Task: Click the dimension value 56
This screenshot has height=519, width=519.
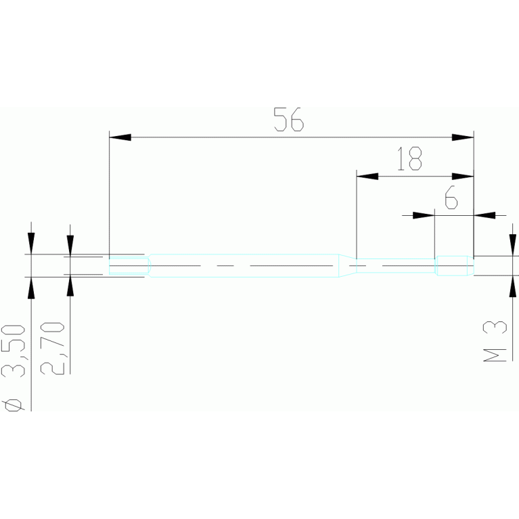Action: coord(289,119)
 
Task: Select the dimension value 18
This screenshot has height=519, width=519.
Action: coord(409,158)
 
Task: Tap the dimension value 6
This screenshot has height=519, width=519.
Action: coord(451,198)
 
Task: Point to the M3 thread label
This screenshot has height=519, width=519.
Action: coord(495,341)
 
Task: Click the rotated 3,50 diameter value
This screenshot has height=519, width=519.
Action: coord(14,351)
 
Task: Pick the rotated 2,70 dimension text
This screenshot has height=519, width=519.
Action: coord(52,348)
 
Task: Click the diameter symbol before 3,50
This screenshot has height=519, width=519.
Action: coord(14,405)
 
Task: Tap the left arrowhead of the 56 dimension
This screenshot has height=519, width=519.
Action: coord(120,137)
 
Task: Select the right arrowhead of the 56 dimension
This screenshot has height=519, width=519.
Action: coord(463,137)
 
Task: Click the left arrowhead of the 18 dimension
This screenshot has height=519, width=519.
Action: coord(367,176)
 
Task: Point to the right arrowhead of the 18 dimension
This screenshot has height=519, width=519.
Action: coord(463,176)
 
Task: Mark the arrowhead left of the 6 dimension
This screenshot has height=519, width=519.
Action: coord(424,215)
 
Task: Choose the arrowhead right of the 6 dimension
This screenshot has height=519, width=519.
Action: coord(484,215)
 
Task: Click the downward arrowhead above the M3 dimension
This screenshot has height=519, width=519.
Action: coord(513,245)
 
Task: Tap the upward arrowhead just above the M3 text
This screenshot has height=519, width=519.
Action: coord(513,286)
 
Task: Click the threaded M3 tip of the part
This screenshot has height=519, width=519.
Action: coord(454,265)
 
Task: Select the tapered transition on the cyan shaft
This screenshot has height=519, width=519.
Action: coord(347,265)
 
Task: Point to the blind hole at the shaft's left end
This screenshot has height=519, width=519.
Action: coord(130,265)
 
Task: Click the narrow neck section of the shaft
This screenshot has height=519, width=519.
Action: coord(396,265)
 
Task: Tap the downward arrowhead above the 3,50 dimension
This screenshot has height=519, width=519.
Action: coord(31,244)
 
